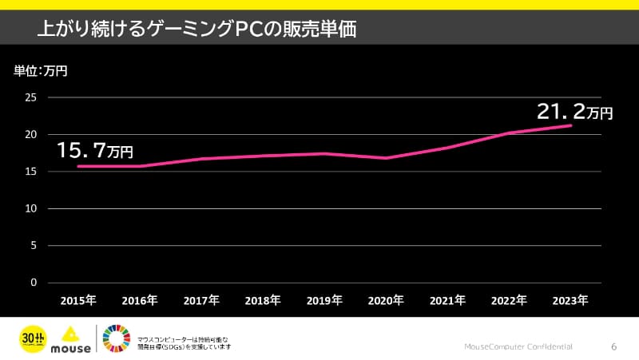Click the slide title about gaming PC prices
pyautogui.click(x=196, y=30)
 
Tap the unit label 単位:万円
pyautogui.click(x=41, y=71)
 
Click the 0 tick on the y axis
pyautogui.click(x=34, y=283)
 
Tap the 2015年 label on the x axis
pyautogui.click(x=78, y=301)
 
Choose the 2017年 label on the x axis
pyautogui.click(x=201, y=301)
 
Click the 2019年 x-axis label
pyautogui.click(x=324, y=301)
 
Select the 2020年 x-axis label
pyautogui.click(x=386, y=301)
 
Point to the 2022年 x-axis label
pyautogui.click(x=509, y=301)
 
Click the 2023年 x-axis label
pyautogui.click(x=570, y=301)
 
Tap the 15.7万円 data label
pyautogui.click(x=94, y=149)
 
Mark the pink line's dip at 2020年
pyautogui.click(x=387, y=158)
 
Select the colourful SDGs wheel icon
pyautogui.click(x=116, y=338)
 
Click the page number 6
pyautogui.click(x=613, y=346)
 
